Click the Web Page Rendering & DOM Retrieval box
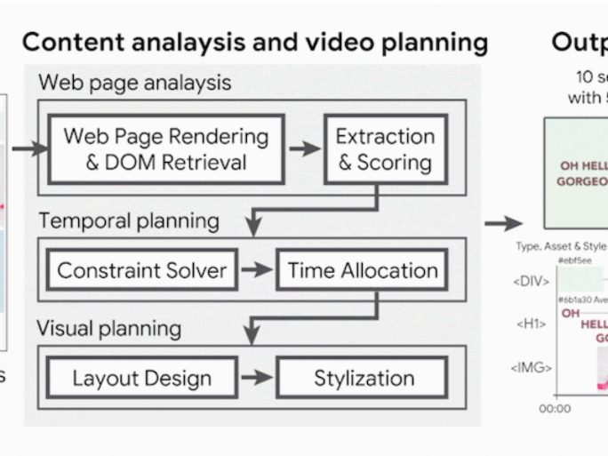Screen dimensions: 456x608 click(x=165, y=149)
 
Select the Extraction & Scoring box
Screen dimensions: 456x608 click(x=385, y=149)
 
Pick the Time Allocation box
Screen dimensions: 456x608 click(x=363, y=270)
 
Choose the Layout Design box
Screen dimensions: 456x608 click(x=142, y=378)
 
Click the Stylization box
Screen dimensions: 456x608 click(x=364, y=378)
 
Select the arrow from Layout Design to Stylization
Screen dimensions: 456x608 click(x=257, y=378)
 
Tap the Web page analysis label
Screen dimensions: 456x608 click(x=134, y=84)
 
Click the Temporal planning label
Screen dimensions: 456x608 click(x=128, y=220)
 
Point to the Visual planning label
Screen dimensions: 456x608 click(x=108, y=329)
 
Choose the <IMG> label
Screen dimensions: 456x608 click(x=532, y=366)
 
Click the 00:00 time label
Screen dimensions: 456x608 click(x=555, y=408)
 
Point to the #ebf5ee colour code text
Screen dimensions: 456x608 click(x=575, y=260)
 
